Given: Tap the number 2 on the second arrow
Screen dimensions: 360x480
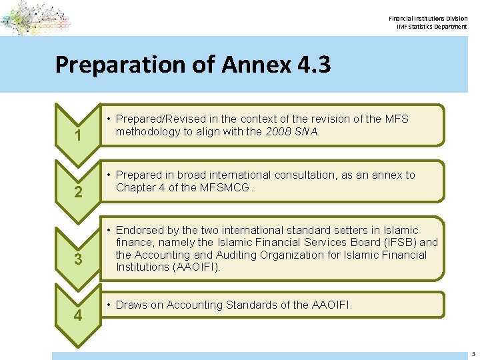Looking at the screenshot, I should point(78,193).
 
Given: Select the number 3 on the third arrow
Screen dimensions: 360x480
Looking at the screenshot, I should point(78,259).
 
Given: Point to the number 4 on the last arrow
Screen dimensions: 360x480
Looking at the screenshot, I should point(78,315).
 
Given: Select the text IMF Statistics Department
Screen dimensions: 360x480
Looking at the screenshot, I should point(432,27).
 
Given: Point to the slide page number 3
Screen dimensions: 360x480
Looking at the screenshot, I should point(473,354).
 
